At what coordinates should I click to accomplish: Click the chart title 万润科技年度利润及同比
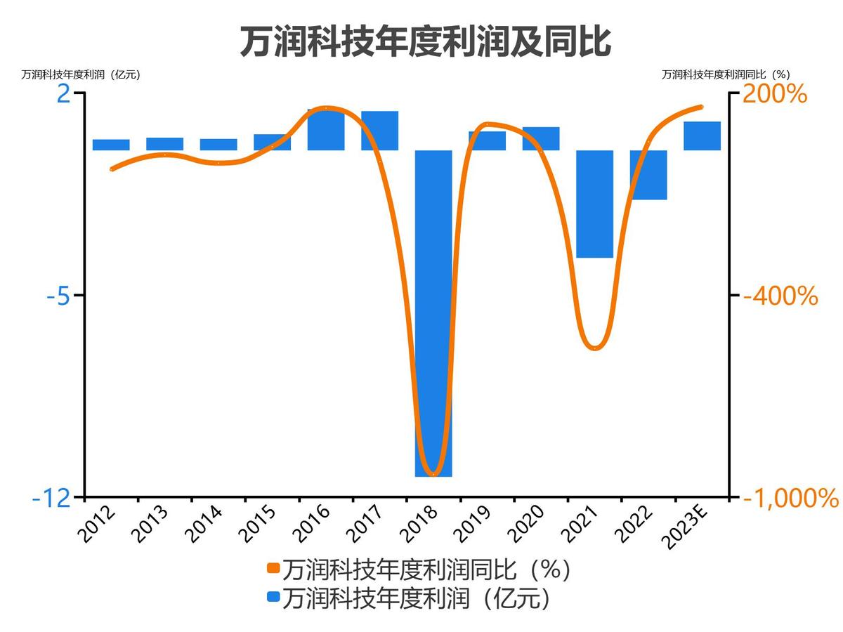tap(425, 42)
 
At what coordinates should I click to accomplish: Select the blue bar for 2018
tap(433, 312)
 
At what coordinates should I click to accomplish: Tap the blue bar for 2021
tap(595, 204)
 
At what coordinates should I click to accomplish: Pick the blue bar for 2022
tap(648, 175)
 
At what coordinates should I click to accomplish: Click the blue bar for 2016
tap(326, 130)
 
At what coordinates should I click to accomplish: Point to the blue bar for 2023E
tap(702, 136)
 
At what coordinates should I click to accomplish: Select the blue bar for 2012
tap(111, 145)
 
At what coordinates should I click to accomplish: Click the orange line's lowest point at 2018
tap(433, 475)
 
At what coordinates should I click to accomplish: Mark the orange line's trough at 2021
tap(595, 348)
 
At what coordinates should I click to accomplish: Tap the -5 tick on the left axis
tap(60, 296)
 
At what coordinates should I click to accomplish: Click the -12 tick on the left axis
tap(52, 498)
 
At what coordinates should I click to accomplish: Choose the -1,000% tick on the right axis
tap(790, 498)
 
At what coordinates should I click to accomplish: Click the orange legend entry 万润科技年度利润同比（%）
tap(418, 569)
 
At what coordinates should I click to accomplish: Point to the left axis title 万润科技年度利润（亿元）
tap(81, 74)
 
